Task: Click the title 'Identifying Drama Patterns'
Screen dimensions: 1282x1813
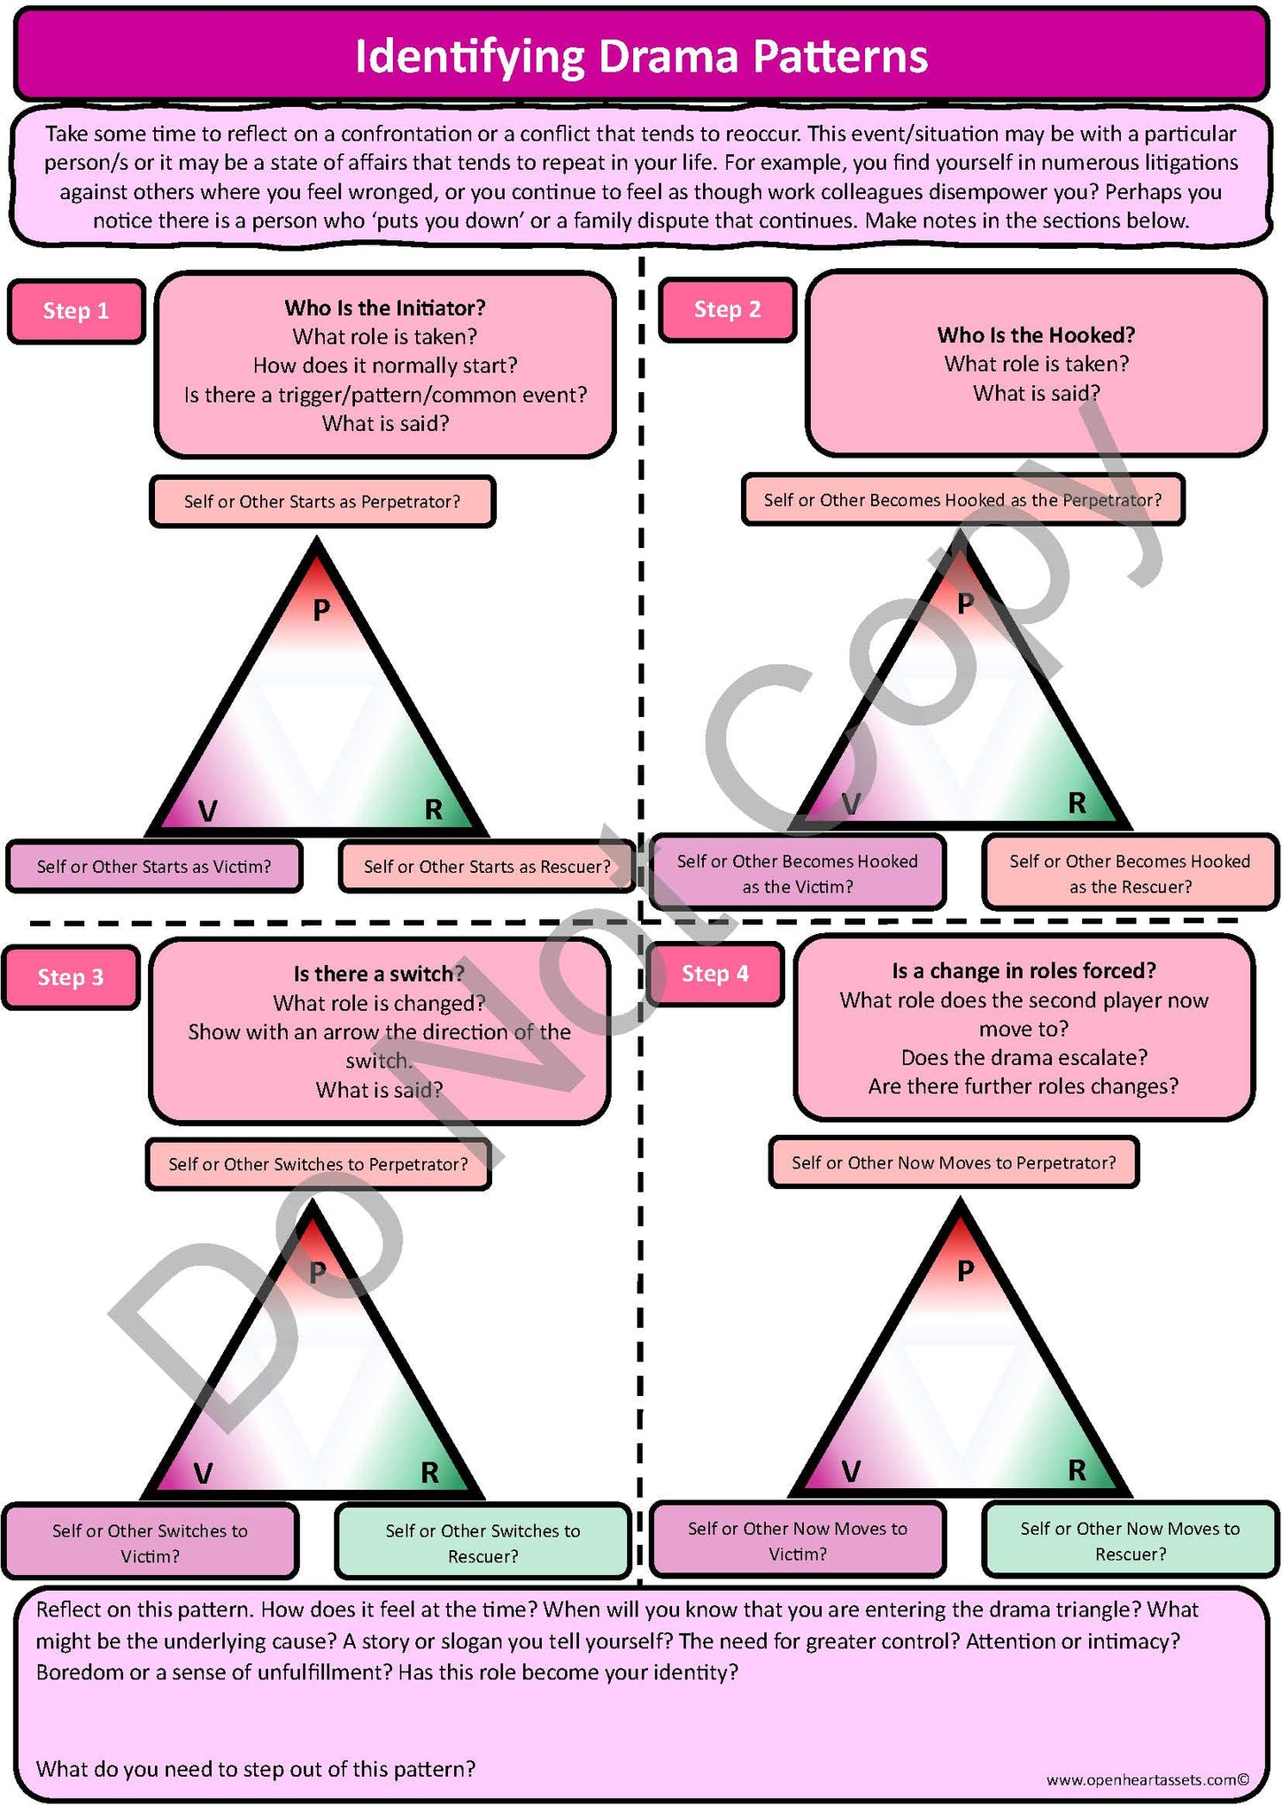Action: point(641,57)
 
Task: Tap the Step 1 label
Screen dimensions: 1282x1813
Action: point(76,311)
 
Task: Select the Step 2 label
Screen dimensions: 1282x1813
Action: point(728,309)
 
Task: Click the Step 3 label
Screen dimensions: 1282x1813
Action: point(71,977)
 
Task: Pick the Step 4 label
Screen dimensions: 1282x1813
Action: point(715,974)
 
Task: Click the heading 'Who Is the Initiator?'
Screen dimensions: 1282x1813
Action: point(385,308)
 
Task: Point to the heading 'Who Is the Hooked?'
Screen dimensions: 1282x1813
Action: point(1037,335)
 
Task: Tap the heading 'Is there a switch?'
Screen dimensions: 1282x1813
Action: point(379,974)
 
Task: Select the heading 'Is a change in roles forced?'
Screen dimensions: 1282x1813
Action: point(1024,971)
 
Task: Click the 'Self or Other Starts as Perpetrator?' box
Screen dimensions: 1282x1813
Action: point(322,502)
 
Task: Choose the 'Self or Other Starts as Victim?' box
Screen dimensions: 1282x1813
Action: point(154,867)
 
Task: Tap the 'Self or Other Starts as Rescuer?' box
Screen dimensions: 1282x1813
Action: point(487,867)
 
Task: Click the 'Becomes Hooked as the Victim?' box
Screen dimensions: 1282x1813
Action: point(798,874)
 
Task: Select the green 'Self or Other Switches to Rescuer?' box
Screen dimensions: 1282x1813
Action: point(483,1543)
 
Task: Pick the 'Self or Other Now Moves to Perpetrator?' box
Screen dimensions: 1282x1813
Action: point(954,1162)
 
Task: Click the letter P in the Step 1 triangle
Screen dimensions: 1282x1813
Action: point(321,609)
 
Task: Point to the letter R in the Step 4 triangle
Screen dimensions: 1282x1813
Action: point(1077,1470)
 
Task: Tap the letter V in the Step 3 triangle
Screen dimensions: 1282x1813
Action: point(203,1473)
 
